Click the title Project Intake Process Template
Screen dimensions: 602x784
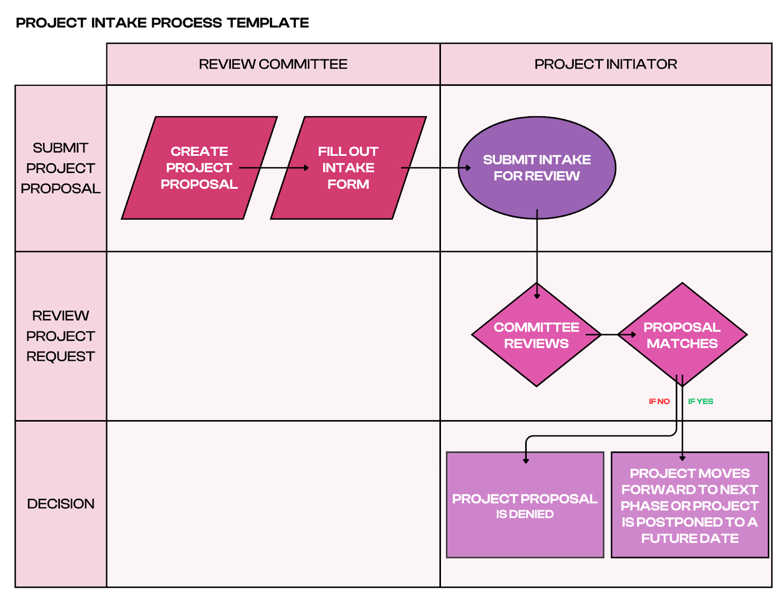[162, 23]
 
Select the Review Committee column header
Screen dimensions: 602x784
[273, 64]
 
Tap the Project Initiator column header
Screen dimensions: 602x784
[606, 64]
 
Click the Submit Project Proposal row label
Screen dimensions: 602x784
[60, 168]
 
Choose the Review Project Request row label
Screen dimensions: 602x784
[60, 336]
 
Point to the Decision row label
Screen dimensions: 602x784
[60, 503]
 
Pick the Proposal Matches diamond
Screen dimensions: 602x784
[682, 335]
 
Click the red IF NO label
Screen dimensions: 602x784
[659, 401]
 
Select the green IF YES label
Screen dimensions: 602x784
[700, 401]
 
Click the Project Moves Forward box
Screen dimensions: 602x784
[689, 505]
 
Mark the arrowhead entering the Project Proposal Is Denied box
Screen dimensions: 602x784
[526, 460]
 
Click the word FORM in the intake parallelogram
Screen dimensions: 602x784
[348, 184]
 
